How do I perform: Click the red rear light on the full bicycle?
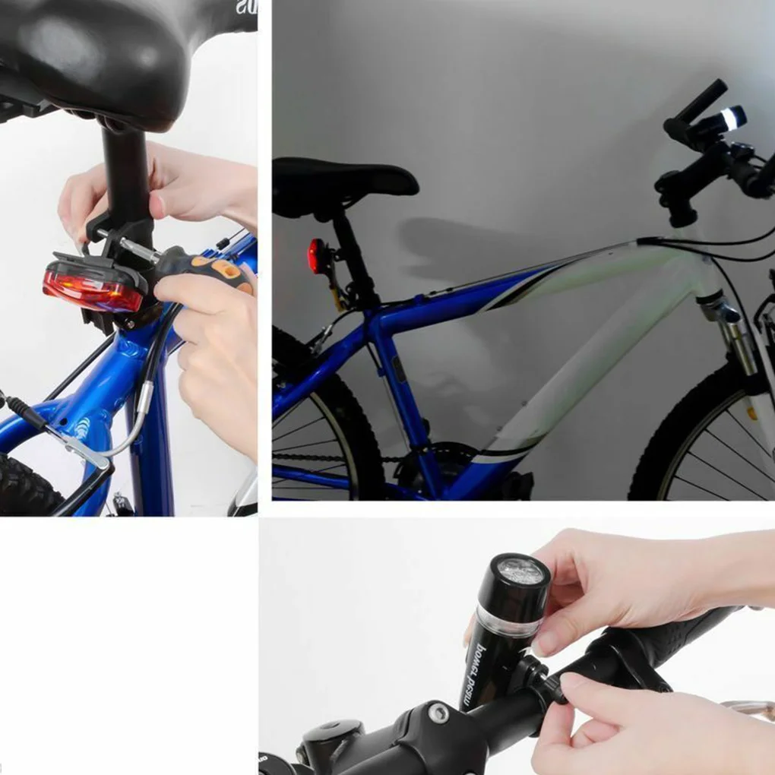point(315,255)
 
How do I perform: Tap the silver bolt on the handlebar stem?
point(438,712)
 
